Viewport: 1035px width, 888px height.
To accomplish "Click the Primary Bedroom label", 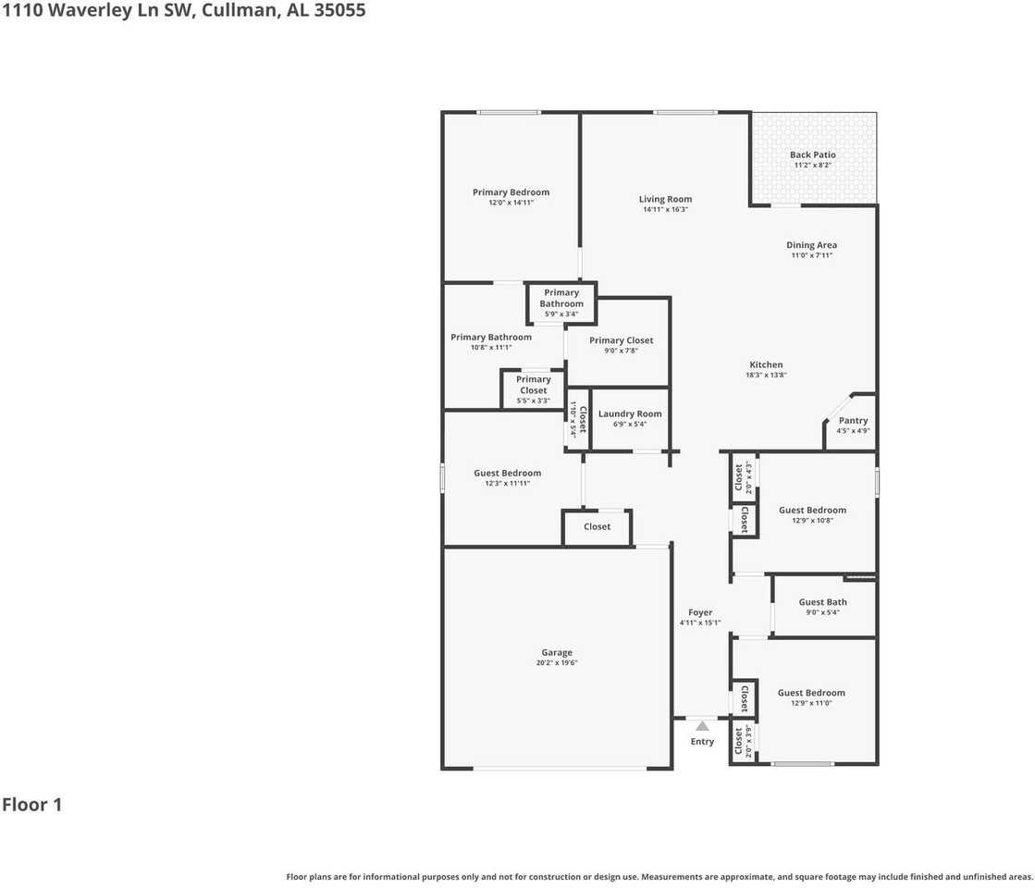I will (x=511, y=192).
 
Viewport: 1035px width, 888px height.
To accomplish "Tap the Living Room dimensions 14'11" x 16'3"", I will (x=665, y=210).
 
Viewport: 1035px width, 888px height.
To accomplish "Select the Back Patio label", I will (x=812, y=154).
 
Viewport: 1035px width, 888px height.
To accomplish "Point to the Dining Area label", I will (x=811, y=245).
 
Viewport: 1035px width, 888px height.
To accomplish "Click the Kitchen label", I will (x=766, y=365).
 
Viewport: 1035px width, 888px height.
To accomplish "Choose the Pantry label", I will (x=853, y=421).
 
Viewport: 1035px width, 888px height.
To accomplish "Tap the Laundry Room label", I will (x=629, y=414).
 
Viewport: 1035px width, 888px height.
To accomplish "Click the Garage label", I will (x=557, y=653).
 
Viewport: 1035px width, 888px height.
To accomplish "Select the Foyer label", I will (x=700, y=612).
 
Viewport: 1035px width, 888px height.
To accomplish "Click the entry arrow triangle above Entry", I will (x=702, y=726).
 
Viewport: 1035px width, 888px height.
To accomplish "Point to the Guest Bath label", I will (x=823, y=602).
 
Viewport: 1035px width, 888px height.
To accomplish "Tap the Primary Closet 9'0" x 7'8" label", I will (x=621, y=341).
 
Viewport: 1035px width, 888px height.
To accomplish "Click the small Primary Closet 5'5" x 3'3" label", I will (x=533, y=385).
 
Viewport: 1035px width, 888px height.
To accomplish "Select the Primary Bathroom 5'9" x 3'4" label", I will (x=561, y=299).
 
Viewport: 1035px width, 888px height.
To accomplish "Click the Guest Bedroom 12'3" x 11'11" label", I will (x=507, y=474).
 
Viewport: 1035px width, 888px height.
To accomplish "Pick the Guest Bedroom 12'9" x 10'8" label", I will (x=812, y=511).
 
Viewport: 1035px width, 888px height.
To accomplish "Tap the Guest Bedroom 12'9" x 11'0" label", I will (x=811, y=693).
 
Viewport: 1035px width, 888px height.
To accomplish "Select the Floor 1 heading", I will (x=31, y=805).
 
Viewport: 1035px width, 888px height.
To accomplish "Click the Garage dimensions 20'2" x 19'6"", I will (x=557, y=663).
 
